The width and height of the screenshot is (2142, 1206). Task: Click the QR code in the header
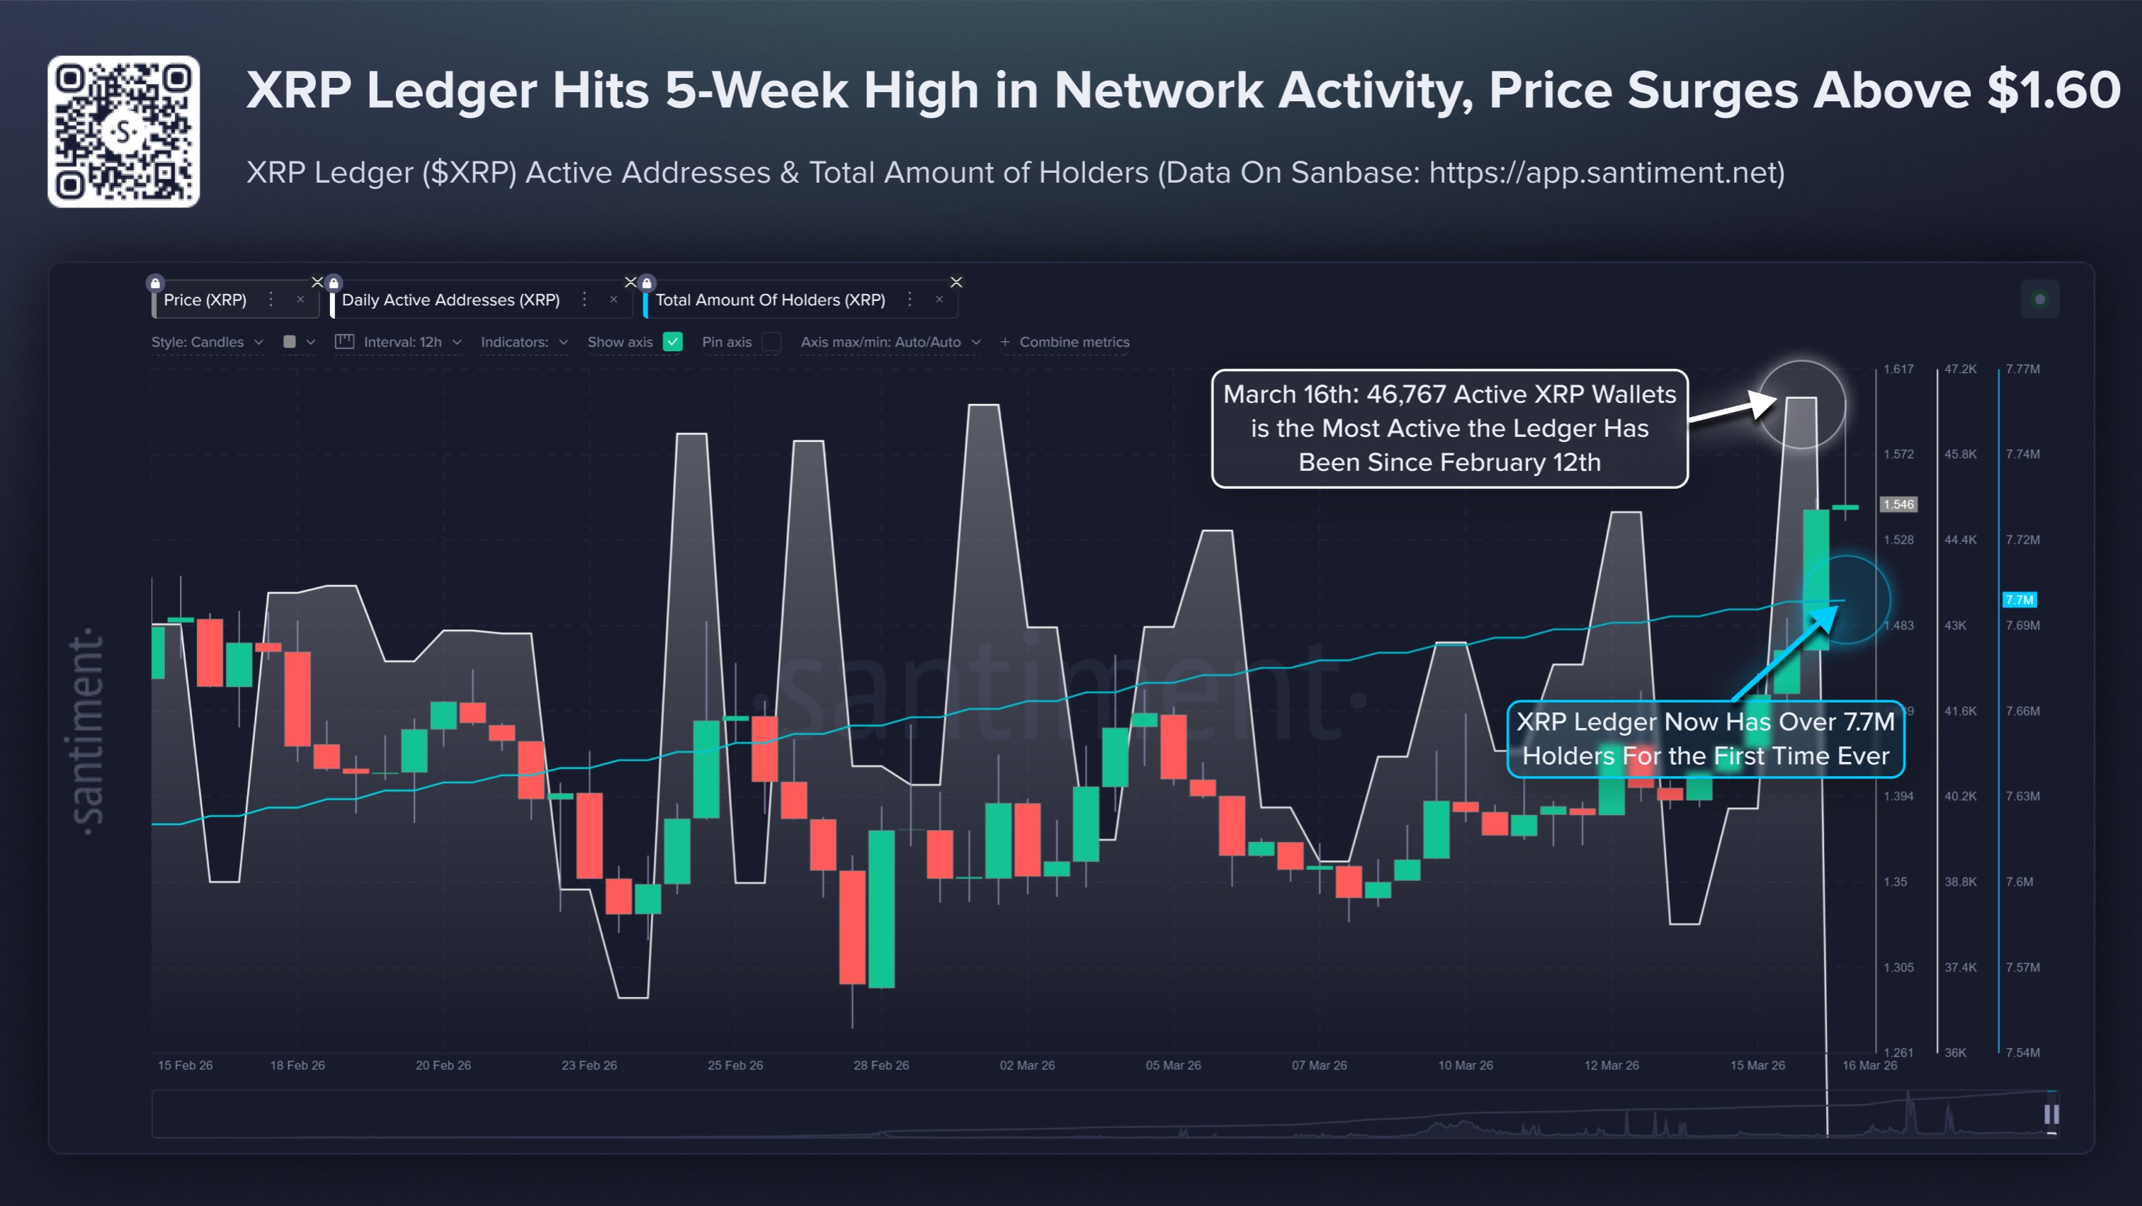click(x=123, y=131)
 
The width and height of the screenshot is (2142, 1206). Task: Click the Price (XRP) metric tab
click(x=205, y=300)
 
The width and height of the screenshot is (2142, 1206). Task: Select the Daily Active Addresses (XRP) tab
click(x=450, y=300)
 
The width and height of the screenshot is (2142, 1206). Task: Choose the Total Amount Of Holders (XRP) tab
click(x=769, y=300)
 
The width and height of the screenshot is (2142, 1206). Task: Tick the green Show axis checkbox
click(x=673, y=341)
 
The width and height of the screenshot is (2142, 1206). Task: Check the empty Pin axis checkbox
click(x=771, y=341)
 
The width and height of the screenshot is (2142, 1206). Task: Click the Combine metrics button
click(x=1065, y=341)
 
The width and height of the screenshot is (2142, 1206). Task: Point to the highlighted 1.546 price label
click(x=1898, y=504)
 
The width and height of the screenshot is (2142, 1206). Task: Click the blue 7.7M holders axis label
click(x=2019, y=599)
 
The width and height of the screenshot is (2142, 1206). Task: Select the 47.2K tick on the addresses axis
click(x=1960, y=369)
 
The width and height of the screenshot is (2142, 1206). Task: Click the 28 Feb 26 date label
click(x=880, y=1064)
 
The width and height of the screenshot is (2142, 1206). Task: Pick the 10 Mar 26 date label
click(x=1465, y=1064)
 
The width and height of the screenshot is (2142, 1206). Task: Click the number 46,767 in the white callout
click(x=1405, y=394)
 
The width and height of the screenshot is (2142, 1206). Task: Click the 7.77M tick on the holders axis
click(x=2022, y=369)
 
